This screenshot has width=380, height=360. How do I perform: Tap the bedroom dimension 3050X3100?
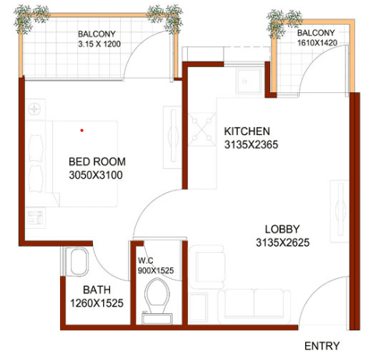click(95, 176)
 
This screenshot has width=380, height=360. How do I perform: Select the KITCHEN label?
click(247, 131)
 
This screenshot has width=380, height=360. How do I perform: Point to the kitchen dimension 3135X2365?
click(250, 144)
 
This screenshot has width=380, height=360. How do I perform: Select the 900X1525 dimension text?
click(157, 270)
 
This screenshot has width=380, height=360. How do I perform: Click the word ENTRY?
click(321, 345)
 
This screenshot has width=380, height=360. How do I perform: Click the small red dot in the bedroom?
click(80, 130)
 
